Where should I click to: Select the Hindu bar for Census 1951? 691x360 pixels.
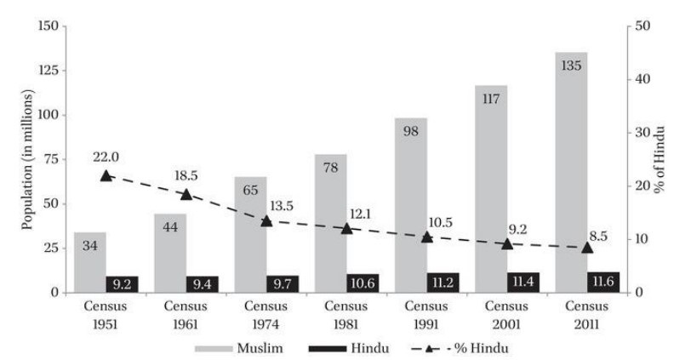click(x=122, y=283)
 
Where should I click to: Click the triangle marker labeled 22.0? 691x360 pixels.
click(x=106, y=175)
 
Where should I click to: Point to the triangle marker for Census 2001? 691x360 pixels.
click(x=507, y=243)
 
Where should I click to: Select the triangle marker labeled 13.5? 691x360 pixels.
click(x=266, y=220)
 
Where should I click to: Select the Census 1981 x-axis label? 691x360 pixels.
click(x=346, y=312)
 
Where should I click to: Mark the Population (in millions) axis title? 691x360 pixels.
click(x=27, y=159)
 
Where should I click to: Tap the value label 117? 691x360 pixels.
click(x=491, y=99)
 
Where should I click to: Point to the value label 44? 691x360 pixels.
click(x=169, y=227)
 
